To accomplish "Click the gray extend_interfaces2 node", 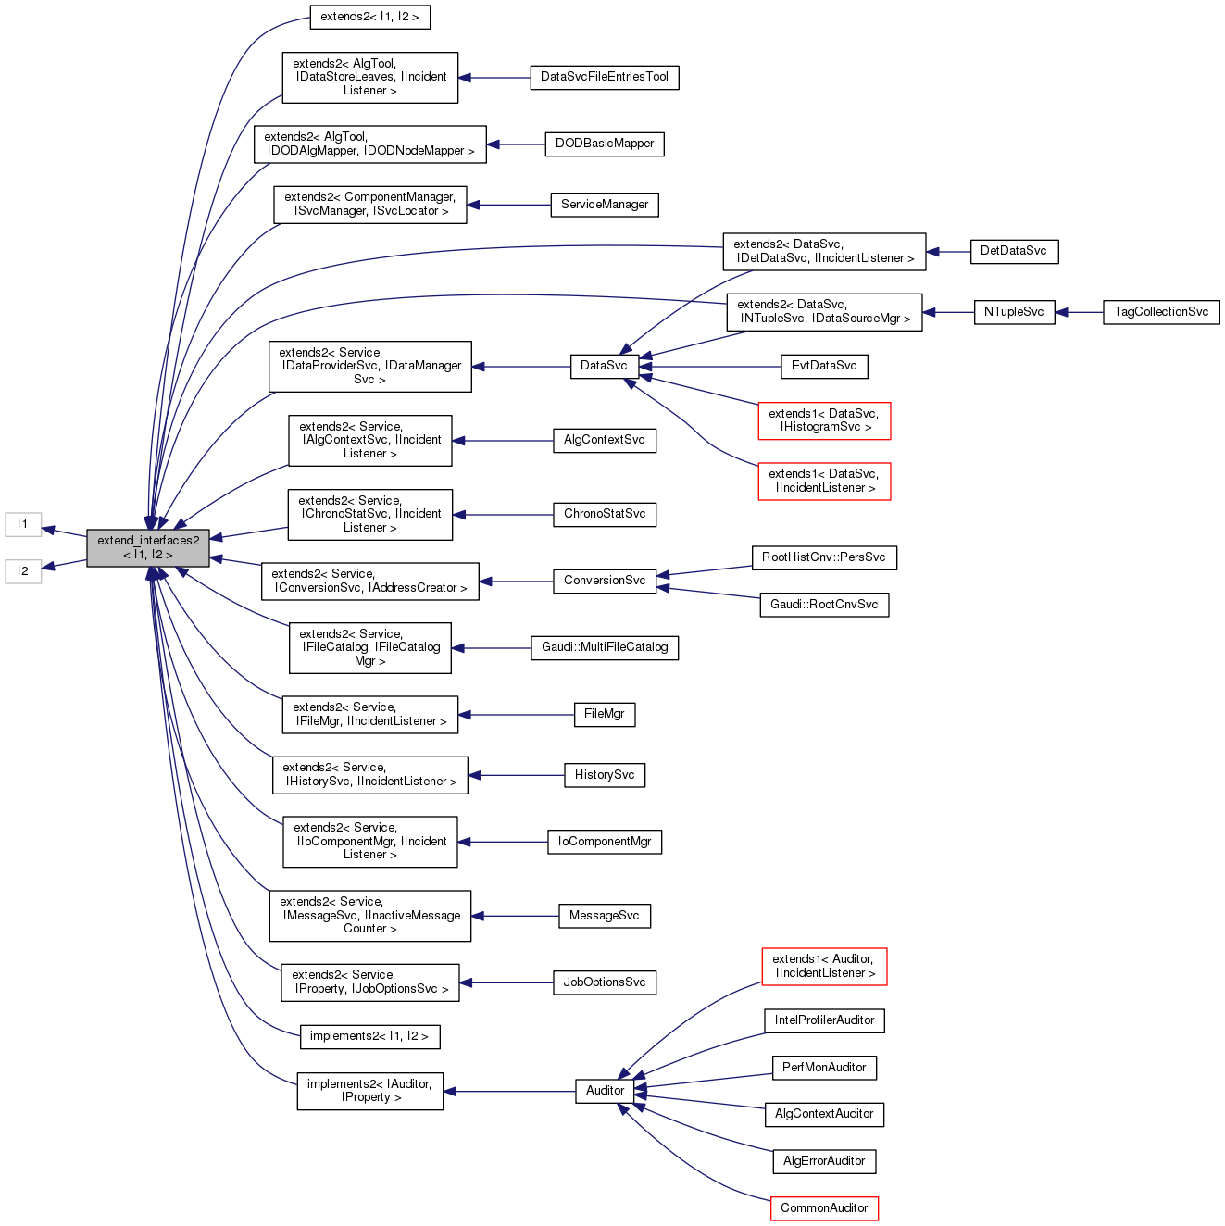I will click(x=148, y=547).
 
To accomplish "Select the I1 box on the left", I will click(x=23, y=524).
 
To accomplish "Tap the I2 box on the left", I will click(x=23, y=571).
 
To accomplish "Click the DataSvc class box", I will click(x=604, y=366).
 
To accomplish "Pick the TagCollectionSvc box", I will click(x=1161, y=312).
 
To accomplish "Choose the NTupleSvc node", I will click(x=1014, y=312).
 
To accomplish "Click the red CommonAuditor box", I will click(x=824, y=1208).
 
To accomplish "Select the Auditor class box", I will click(x=605, y=1091).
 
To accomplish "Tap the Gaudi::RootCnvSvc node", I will click(x=824, y=605).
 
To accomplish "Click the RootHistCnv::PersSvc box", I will click(x=823, y=557).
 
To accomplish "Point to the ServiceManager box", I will click(x=605, y=205).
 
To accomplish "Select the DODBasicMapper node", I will click(x=605, y=144).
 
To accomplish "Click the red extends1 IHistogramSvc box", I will click(x=824, y=420).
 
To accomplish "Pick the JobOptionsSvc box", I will click(x=605, y=982).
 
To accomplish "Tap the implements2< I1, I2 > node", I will click(x=369, y=1036).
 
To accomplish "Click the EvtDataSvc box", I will click(x=824, y=366).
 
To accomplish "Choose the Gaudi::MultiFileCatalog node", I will click(x=605, y=647).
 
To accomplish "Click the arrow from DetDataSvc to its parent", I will click(x=948, y=252).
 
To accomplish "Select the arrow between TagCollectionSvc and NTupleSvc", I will click(x=1079, y=312).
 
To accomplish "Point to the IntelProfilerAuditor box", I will click(x=824, y=1020).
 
